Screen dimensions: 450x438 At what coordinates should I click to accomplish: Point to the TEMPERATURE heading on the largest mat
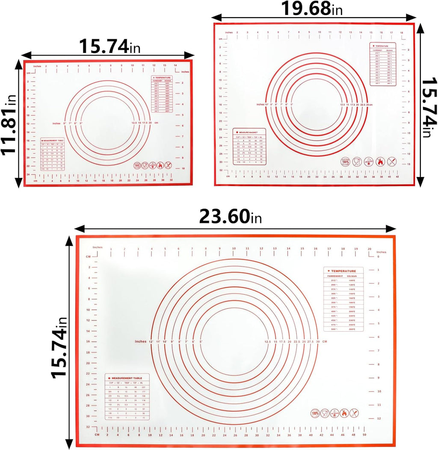point(343,271)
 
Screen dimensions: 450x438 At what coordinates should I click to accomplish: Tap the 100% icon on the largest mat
point(315,413)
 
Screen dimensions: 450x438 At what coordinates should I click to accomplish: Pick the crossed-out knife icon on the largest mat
point(354,413)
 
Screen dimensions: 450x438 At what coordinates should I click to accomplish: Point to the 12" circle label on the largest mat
point(151,341)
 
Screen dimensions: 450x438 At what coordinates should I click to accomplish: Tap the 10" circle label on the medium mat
point(268,104)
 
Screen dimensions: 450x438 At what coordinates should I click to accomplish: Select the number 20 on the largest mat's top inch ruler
point(369,249)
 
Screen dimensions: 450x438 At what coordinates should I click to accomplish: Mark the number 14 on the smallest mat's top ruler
point(175,66)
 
